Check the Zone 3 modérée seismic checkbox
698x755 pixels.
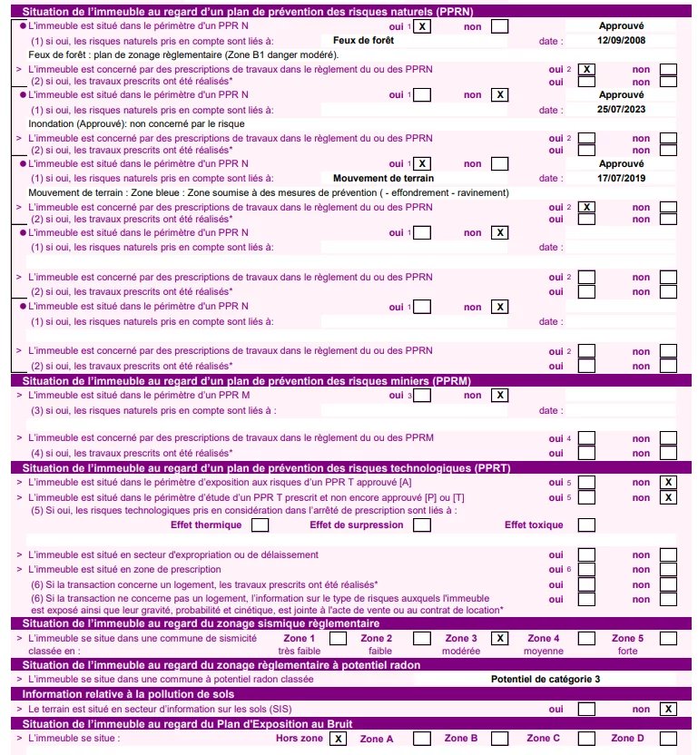coord(499,638)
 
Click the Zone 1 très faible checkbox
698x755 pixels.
coord(337,638)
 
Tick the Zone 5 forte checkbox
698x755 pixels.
coord(668,638)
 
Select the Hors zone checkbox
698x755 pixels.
coord(337,739)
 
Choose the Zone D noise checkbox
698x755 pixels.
coord(668,739)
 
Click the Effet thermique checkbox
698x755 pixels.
coord(260,525)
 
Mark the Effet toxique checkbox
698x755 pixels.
coord(586,525)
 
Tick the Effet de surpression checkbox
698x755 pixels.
coord(421,525)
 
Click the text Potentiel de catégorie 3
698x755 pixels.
coord(545,678)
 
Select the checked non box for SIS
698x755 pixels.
coord(668,709)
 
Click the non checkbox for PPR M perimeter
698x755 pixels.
coord(499,395)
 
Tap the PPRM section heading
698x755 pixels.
coord(245,380)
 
